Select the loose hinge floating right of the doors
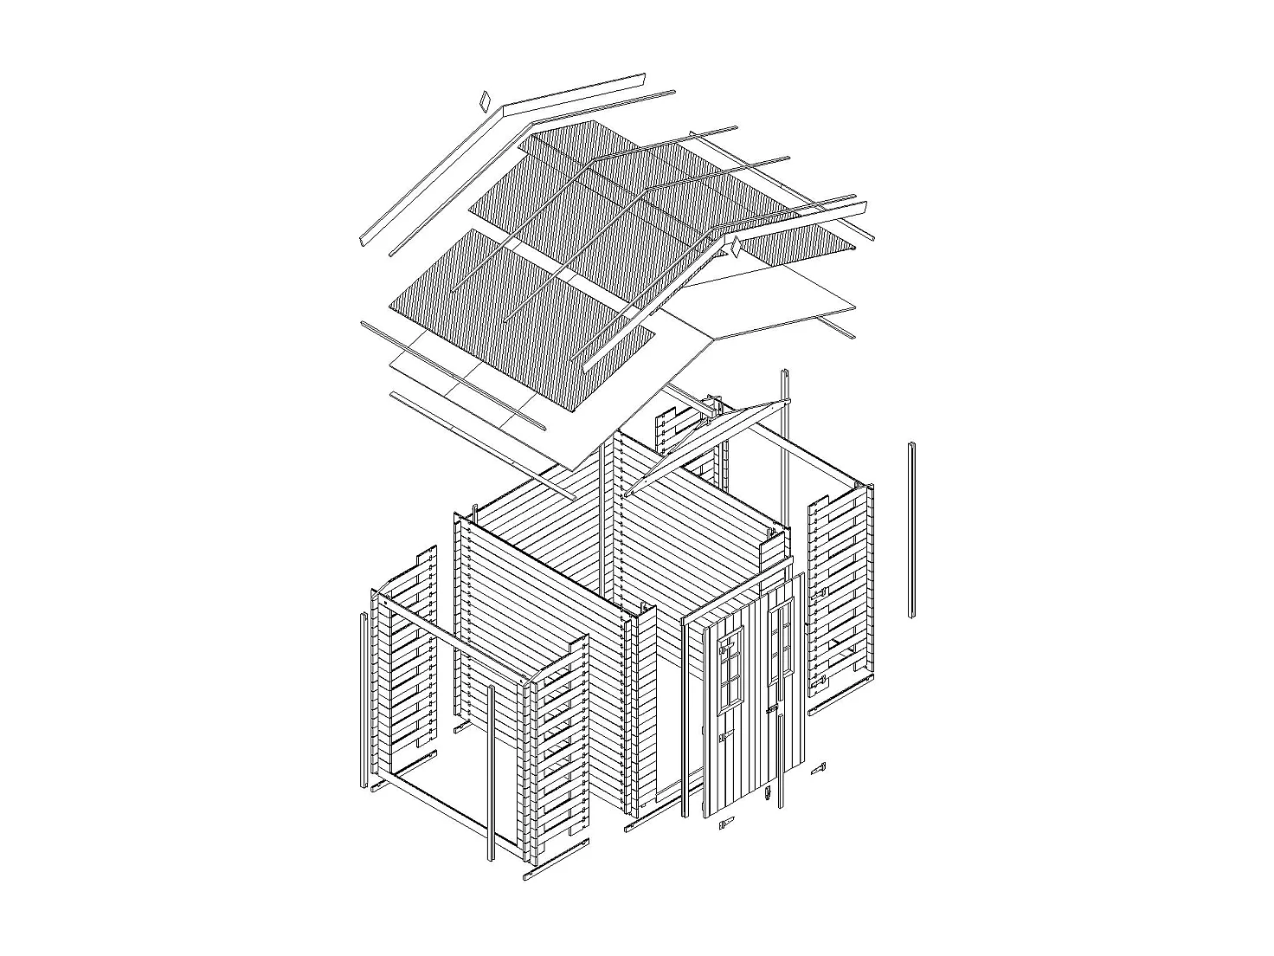[x=818, y=769]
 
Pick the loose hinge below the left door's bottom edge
[x=725, y=824]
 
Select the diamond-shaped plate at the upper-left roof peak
[x=485, y=100]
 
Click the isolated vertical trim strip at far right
[x=912, y=530]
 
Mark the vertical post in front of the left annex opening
[x=491, y=771]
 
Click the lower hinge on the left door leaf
[x=721, y=740]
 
